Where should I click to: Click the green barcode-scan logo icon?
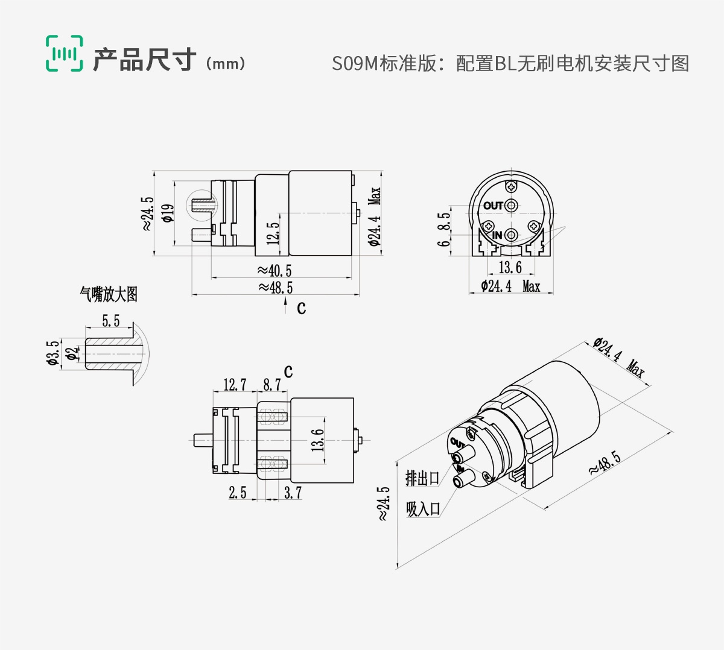(65, 53)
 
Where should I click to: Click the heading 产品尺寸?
(145, 59)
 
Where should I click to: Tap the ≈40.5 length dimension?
(275, 271)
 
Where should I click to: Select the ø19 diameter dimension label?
(168, 213)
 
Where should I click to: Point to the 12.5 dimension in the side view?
(272, 233)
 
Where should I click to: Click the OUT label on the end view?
(493, 206)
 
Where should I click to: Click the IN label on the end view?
(497, 235)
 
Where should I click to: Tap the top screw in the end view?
(512, 186)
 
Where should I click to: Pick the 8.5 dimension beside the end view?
(444, 221)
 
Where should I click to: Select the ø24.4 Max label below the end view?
(510, 286)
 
